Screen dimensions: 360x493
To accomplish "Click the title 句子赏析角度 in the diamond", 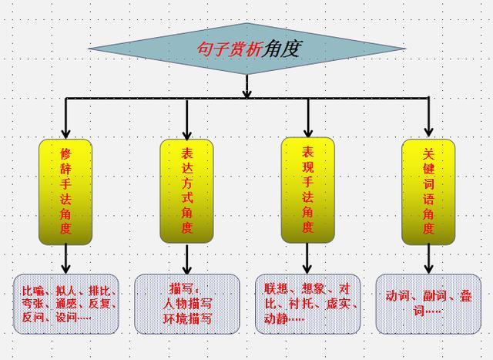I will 247,49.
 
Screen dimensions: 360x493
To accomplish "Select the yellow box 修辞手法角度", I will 65,190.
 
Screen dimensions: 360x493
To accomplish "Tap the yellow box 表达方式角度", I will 186,190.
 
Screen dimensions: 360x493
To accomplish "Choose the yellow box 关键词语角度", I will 429,190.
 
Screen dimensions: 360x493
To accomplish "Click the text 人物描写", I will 186,303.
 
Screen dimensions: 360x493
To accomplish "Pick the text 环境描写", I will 186,318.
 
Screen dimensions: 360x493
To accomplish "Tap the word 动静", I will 277,318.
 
